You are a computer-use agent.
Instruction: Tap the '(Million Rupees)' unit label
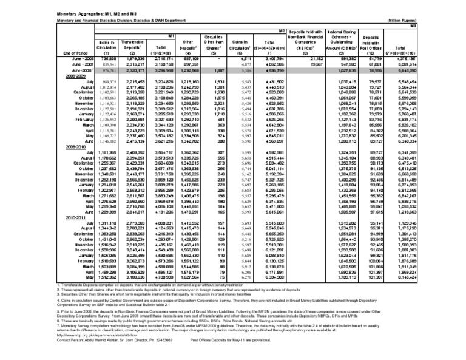point(437,20)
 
